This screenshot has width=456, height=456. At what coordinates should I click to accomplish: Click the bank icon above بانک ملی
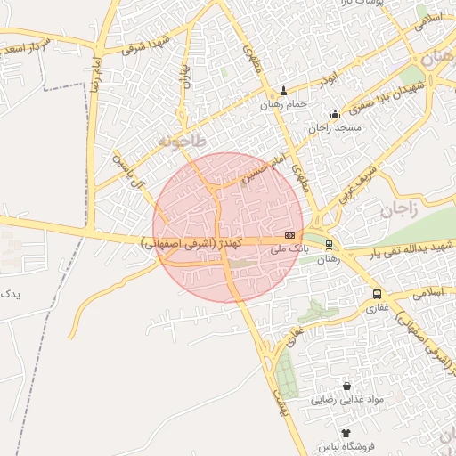click(289, 235)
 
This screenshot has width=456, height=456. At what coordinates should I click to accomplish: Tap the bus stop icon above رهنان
click(330, 244)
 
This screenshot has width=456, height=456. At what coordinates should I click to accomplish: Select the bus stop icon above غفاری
click(377, 294)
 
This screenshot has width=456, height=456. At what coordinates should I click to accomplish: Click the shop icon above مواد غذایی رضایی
click(346, 387)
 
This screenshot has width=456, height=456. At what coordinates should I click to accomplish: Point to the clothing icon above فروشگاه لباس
click(346, 432)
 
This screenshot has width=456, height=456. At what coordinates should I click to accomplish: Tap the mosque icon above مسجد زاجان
click(335, 114)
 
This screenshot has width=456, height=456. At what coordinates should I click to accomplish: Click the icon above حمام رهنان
click(284, 90)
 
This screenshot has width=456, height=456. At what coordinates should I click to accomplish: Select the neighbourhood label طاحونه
click(182, 142)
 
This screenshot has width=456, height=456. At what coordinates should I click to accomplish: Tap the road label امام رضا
click(95, 71)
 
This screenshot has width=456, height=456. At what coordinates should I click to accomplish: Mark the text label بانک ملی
click(288, 250)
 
